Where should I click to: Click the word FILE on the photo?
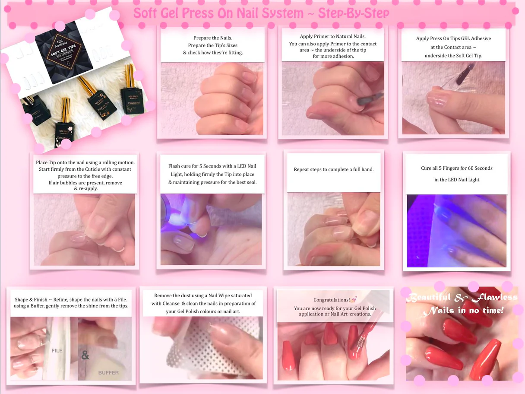(x=57, y=350)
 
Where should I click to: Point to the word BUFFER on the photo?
(x=108, y=372)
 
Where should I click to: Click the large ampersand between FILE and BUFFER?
(x=85, y=356)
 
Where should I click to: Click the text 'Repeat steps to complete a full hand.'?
(x=334, y=169)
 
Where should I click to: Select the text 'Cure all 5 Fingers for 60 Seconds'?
(x=457, y=168)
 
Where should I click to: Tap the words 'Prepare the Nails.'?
(x=212, y=38)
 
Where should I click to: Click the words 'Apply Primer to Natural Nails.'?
(x=332, y=36)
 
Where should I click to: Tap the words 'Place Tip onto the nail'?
(x=64, y=162)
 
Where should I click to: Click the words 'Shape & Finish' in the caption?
(x=31, y=300)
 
